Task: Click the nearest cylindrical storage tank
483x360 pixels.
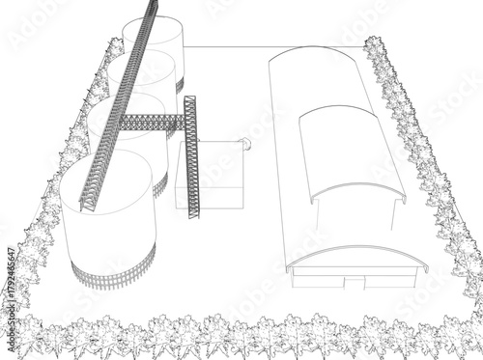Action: pyautogui.click(x=108, y=217)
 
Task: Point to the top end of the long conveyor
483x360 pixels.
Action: pyautogui.click(x=151, y=6)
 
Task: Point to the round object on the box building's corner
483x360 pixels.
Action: pyautogui.click(x=245, y=145)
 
